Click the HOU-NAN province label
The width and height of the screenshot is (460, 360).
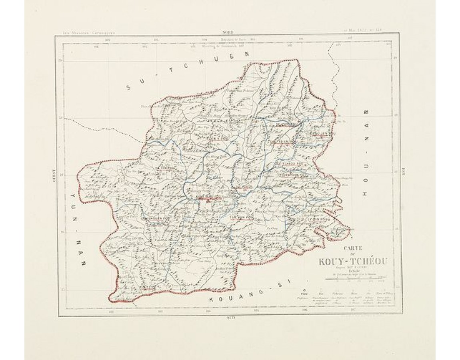pos(365,152)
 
